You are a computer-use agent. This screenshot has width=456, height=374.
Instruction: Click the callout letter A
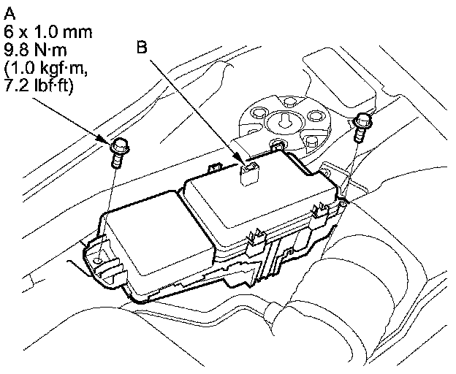[x=9, y=14]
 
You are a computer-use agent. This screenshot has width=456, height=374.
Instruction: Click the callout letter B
[x=142, y=47]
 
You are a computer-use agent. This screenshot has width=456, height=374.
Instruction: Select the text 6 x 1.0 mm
[x=48, y=32]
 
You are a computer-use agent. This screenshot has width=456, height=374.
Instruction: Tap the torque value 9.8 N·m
[x=35, y=50]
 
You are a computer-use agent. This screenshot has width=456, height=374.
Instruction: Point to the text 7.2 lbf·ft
[x=38, y=86]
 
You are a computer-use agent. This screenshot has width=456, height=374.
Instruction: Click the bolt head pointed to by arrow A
[x=120, y=147]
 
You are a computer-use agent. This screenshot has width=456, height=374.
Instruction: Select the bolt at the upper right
[x=362, y=126]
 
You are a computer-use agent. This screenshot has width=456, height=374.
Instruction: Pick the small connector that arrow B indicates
[x=247, y=174]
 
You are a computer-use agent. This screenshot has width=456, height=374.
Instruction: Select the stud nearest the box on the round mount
[x=277, y=144]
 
